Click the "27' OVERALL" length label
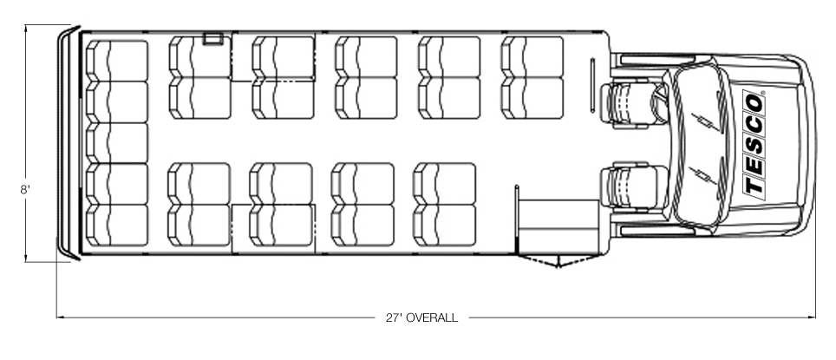pos(421,317)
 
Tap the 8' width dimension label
pos(24,189)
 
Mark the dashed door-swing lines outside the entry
pos(558,261)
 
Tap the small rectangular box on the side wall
pos(212,38)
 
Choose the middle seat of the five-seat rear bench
pos(117,143)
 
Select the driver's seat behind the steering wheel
pos(633,105)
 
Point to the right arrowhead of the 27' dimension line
pos(812,317)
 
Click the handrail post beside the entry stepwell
pos(517,219)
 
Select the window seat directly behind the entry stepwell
pos(445,225)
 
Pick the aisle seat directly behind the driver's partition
pos(532,98)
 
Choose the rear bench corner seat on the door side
pos(117,225)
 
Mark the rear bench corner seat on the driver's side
pos(117,61)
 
